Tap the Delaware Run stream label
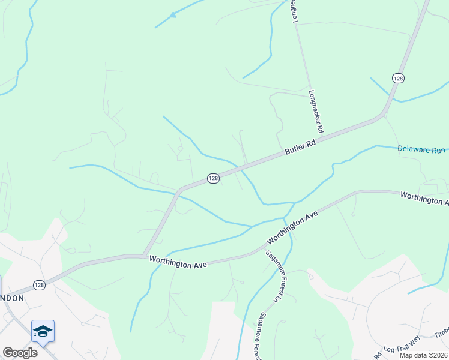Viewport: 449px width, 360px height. (421, 149)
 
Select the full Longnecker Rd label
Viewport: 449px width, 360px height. (316, 112)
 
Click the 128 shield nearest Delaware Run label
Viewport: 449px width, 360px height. (398, 78)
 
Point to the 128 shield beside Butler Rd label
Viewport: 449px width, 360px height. (213, 178)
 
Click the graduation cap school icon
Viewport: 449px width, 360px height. (43, 331)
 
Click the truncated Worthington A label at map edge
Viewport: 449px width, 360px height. (424, 199)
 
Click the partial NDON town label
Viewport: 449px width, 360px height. (12, 298)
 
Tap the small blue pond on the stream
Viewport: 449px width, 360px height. (173, 14)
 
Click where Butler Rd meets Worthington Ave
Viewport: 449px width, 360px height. (143, 256)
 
